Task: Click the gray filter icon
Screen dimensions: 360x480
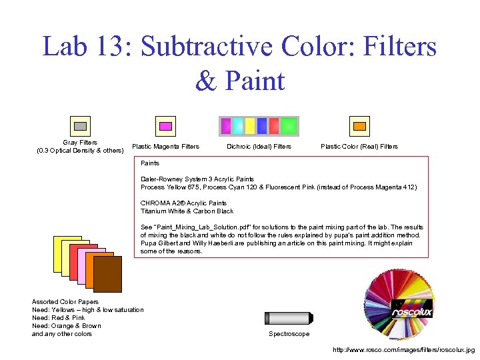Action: coord(80,126)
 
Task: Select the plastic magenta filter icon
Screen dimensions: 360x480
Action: coord(165,126)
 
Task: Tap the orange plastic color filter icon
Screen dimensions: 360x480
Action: coord(359,126)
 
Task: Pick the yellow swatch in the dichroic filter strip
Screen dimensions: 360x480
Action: coord(250,126)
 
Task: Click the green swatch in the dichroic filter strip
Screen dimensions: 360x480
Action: coord(289,126)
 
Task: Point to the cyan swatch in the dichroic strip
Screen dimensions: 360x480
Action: coord(238,126)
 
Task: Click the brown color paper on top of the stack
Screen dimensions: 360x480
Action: coord(108,275)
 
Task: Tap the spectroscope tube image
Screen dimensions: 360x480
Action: coord(288,318)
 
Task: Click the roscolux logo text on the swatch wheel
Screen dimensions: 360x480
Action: coord(411,311)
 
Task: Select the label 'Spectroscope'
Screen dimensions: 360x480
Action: coord(289,334)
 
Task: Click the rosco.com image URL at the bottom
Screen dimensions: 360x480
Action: coord(403,349)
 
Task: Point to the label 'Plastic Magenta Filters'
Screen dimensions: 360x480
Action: coord(165,147)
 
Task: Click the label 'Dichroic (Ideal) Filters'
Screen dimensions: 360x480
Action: coord(259,147)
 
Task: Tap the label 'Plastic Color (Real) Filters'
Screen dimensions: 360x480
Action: coord(359,147)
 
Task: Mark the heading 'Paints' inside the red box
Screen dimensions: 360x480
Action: coord(150,163)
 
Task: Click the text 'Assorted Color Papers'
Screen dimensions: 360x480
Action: coord(65,302)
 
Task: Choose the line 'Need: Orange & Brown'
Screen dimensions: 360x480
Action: coord(67,326)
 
